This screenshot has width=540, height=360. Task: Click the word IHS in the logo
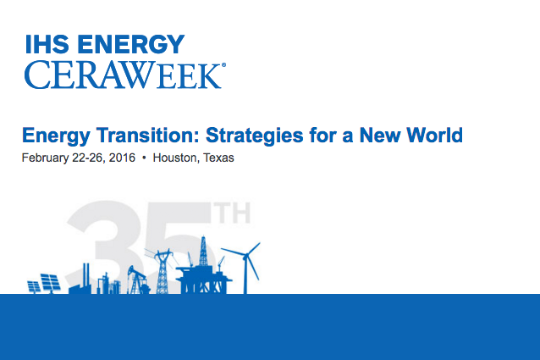tap(47, 44)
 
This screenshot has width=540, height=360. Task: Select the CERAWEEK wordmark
tap(123, 75)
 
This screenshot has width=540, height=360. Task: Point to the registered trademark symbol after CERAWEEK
tap(223, 64)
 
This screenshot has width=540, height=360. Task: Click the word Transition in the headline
tap(148, 135)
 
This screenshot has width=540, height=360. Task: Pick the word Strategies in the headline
tap(255, 136)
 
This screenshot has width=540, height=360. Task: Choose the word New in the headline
tap(379, 135)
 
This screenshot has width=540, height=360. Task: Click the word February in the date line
tap(45, 158)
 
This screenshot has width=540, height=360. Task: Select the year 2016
tap(122, 158)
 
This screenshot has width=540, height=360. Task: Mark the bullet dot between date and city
tap(144, 158)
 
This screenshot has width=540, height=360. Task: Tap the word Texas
tap(218, 158)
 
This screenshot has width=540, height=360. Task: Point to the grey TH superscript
tap(232, 213)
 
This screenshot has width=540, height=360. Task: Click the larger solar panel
tap(50, 283)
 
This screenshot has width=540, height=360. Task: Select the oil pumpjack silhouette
tap(138, 280)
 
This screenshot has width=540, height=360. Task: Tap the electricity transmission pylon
tap(163, 271)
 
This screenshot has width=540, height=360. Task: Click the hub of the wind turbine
tap(246, 256)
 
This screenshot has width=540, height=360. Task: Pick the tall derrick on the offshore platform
tap(203, 251)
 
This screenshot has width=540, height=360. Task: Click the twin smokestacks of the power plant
tap(86, 274)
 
